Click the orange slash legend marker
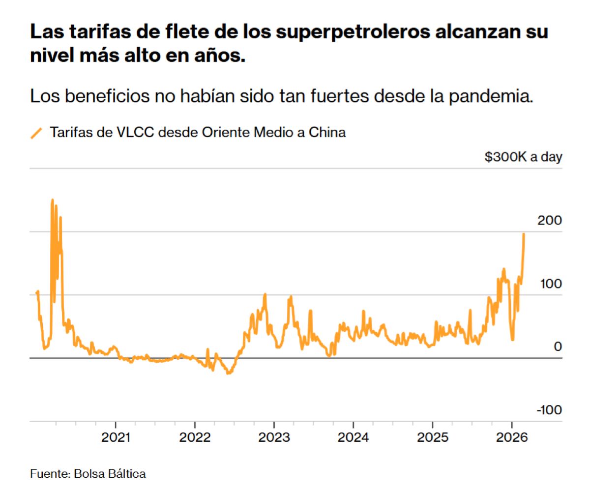click(36, 133)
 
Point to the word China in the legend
click(327, 133)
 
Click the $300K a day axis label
click(523, 157)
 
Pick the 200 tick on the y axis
click(550, 221)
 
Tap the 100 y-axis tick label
click(550, 284)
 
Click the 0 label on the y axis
click(557, 347)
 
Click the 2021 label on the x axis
click(116, 437)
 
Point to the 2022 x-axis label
click(195, 437)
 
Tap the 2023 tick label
click(274, 437)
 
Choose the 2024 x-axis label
click(353, 437)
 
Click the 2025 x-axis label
click(432, 437)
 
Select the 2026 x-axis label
click(511, 437)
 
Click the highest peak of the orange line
click(53, 200)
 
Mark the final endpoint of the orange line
click(524, 234)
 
